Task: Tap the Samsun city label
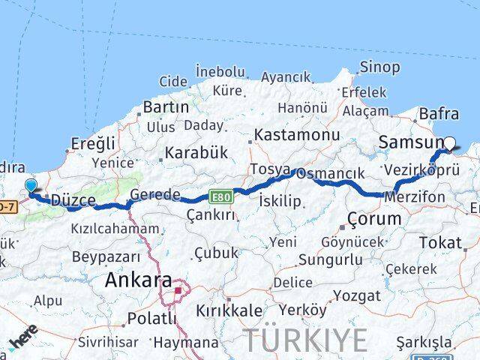tap(411, 142)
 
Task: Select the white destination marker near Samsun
tap(450, 143)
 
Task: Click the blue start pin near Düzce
tap(30, 187)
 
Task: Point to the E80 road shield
tap(222, 196)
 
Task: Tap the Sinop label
tap(379, 67)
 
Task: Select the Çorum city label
tap(374, 218)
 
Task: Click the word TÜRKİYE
tap(306, 340)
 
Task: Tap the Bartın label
tap(166, 107)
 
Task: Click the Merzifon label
tap(414, 197)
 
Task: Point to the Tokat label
tap(441, 242)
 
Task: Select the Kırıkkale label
tap(229, 310)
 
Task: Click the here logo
tap(22, 342)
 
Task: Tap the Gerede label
tap(155, 195)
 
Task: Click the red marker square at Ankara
tap(178, 291)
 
